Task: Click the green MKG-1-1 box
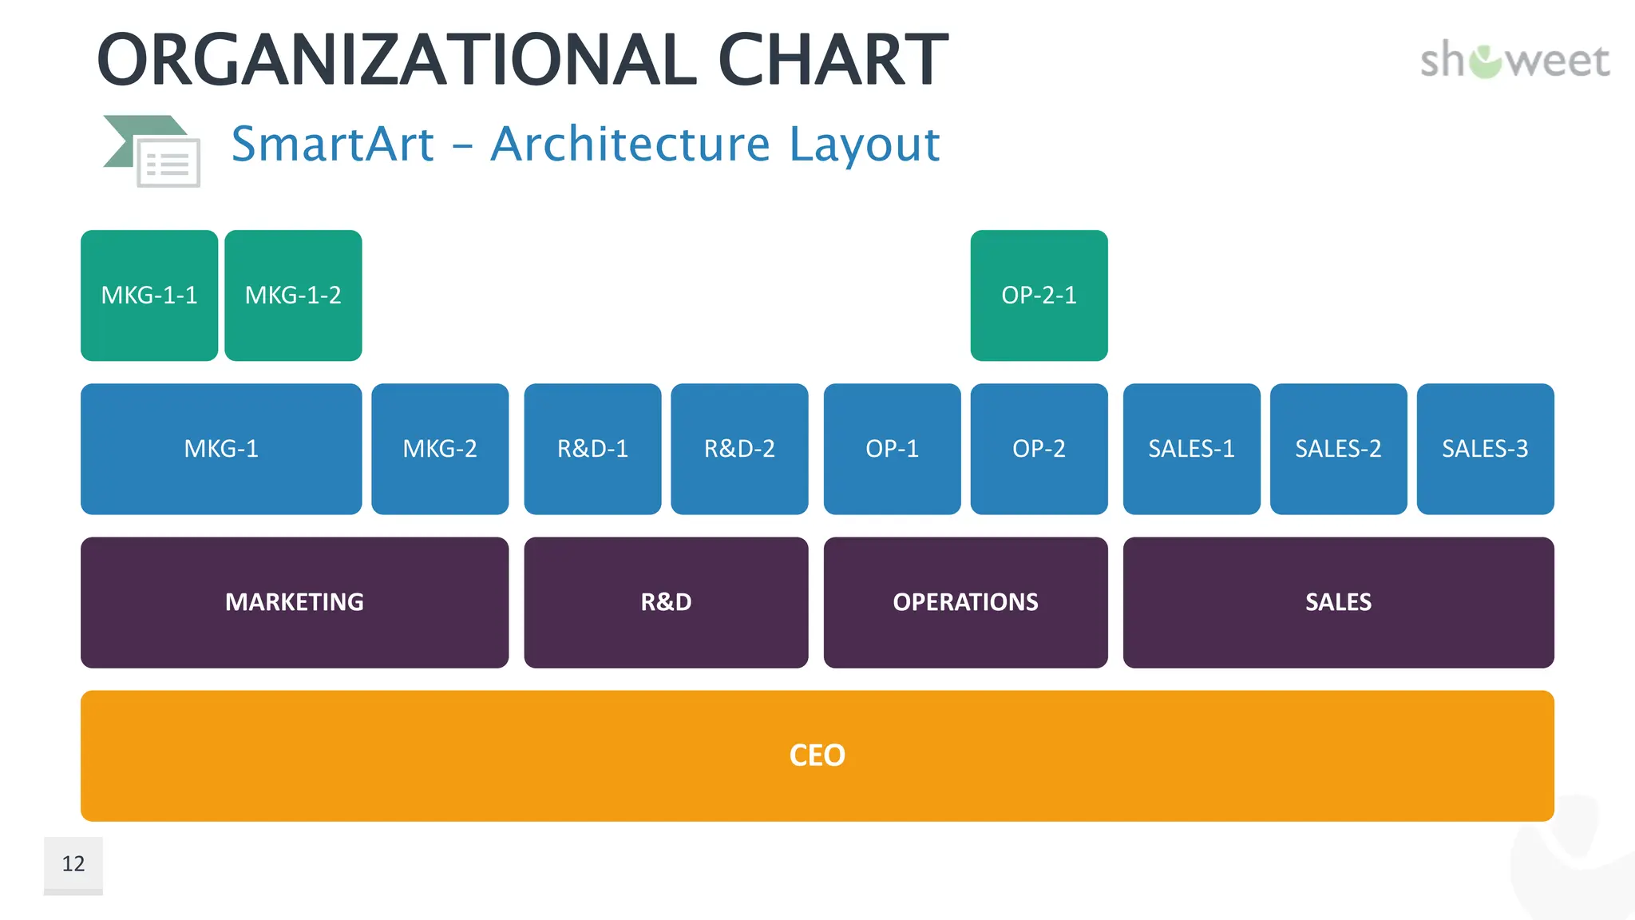pyautogui.click(x=149, y=295)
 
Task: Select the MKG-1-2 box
pyautogui.click(x=293, y=295)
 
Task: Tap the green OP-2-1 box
pyautogui.click(x=1039, y=295)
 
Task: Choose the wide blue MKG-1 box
pyautogui.click(x=221, y=449)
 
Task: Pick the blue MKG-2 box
pyautogui.click(x=440, y=449)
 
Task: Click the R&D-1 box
pyautogui.click(x=592, y=449)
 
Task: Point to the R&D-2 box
pyautogui.click(x=739, y=449)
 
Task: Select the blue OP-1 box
pyautogui.click(x=892, y=449)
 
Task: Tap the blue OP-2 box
pyautogui.click(x=1039, y=449)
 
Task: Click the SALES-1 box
pyautogui.click(x=1191, y=449)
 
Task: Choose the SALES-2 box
pyautogui.click(x=1338, y=449)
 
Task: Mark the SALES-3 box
pyautogui.click(x=1485, y=449)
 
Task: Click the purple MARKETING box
pyautogui.click(x=295, y=602)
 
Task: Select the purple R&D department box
pyautogui.click(x=666, y=602)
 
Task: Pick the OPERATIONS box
pyautogui.click(x=965, y=602)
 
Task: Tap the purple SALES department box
pyautogui.click(x=1338, y=602)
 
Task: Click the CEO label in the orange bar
pyautogui.click(x=817, y=755)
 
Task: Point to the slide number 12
pyautogui.click(x=73, y=864)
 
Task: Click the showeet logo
pyautogui.click(x=1514, y=61)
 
